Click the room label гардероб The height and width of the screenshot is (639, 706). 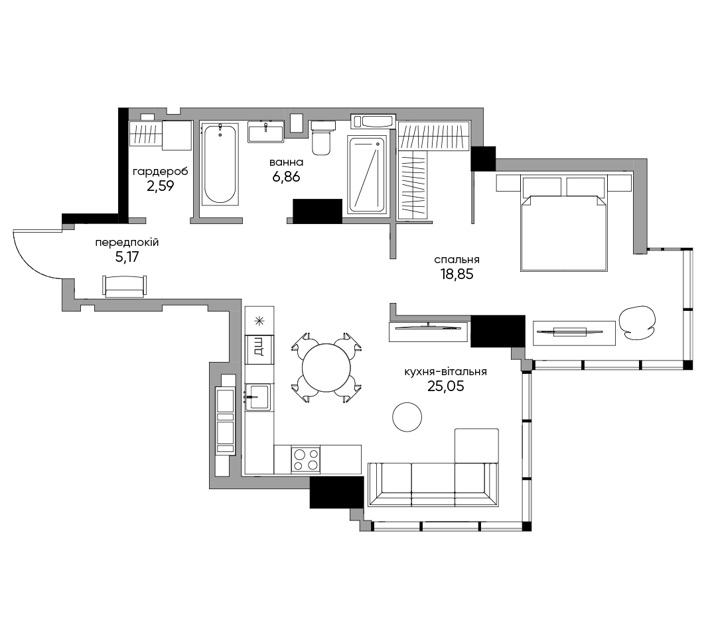160,172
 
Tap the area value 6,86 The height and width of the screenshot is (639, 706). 286,177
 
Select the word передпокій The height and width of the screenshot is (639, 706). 127,243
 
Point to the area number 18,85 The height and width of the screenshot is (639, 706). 457,274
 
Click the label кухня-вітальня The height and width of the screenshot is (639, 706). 445,372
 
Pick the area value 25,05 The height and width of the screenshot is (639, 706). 445,386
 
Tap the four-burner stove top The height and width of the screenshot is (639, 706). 306,459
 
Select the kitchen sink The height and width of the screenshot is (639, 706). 258,397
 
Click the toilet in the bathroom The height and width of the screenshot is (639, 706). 321,137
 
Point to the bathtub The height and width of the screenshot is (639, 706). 219,164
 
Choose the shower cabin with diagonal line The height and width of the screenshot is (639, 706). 367,174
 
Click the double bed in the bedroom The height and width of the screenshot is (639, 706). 564,223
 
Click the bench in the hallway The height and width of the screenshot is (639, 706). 125,286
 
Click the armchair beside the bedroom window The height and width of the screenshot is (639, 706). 637,321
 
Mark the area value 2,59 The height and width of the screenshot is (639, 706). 161,186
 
